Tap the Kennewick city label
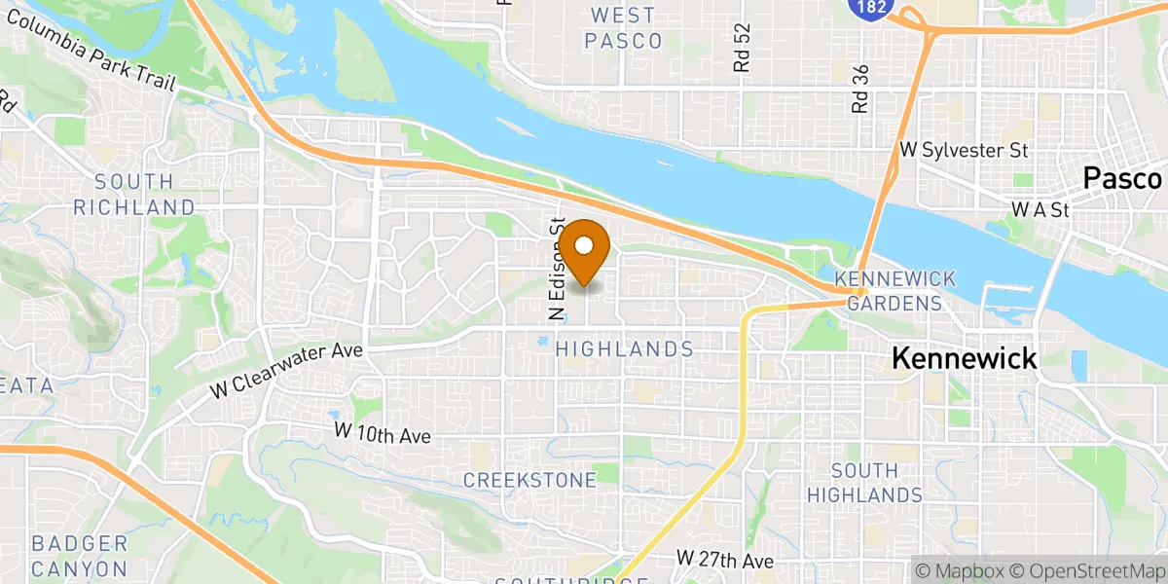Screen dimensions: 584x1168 pos(965,358)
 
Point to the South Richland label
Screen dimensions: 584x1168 pos(134,194)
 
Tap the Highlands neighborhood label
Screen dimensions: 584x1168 pos(624,348)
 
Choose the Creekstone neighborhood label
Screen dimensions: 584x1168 pos(529,480)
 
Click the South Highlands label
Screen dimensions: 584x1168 pos(865,483)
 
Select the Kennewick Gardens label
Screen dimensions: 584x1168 pos(894,291)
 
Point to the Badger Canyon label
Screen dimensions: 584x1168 pos(80,556)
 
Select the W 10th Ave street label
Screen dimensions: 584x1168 pos(382,433)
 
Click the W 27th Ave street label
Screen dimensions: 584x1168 pos(725,561)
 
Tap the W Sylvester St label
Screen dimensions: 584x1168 pos(965,151)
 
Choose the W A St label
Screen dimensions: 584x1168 pos(1040,209)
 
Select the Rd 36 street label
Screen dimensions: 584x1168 pos(858,90)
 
